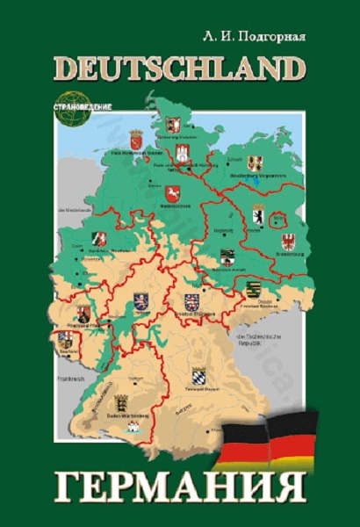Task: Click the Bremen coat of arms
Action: pyautogui.click(x=137, y=141)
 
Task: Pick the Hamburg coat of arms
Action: pyautogui.click(x=182, y=152)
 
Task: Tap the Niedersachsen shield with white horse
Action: pyautogui.click(x=172, y=193)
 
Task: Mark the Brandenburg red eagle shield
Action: pyautogui.click(x=288, y=241)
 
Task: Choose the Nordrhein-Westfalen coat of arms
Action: pyautogui.click(x=100, y=239)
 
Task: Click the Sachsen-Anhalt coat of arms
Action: pyautogui.click(x=227, y=257)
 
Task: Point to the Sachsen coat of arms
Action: pyautogui.click(x=254, y=289)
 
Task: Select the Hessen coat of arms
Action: pyautogui.click(x=142, y=301)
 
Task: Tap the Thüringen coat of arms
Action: pyautogui.click(x=191, y=301)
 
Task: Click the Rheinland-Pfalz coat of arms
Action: pyautogui.click(x=84, y=313)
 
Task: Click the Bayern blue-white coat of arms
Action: pyautogui.click(x=198, y=377)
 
